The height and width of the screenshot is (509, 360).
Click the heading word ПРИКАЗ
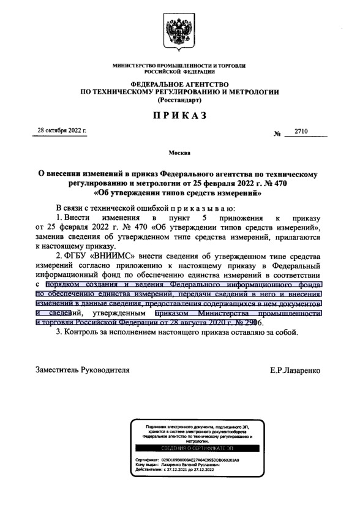point(180,115)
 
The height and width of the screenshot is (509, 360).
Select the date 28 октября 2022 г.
point(62,130)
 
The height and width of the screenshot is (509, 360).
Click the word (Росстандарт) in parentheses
point(180,99)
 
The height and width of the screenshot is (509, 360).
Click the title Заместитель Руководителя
point(83,371)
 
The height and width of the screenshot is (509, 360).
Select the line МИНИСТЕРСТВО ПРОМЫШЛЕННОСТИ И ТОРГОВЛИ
point(180,65)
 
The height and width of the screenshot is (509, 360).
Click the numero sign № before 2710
point(277,133)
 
